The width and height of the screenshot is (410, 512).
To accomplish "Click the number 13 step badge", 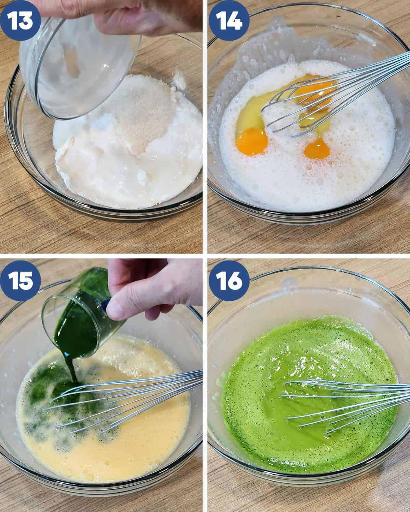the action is click(20, 20).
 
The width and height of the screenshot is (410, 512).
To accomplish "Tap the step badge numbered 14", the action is click(229, 20).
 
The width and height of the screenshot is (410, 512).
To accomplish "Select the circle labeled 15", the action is click(20, 281).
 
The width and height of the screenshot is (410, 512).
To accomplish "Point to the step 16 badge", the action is click(229, 281).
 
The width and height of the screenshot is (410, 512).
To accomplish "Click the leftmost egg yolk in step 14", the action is click(251, 142).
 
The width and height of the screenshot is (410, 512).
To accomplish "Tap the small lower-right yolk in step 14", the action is click(317, 149).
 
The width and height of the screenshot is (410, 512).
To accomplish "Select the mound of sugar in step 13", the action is click(143, 112).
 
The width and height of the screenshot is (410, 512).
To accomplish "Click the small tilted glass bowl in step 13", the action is click(79, 67).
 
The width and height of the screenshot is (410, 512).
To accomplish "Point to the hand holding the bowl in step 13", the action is click(133, 17).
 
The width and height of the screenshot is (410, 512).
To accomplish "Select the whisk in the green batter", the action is click(345, 404).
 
